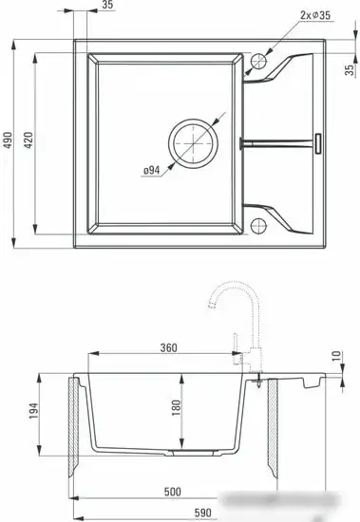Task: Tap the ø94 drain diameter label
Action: (x=150, y=171)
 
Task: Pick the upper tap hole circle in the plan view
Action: (x=258, y=63)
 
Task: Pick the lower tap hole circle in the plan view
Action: (x=258, y=224)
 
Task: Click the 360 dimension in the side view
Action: (x=170, y=348)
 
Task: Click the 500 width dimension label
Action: (x=172, y=493)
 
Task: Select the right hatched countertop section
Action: (x=273, y=427)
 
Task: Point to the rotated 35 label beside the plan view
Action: (x=349, y=67)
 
